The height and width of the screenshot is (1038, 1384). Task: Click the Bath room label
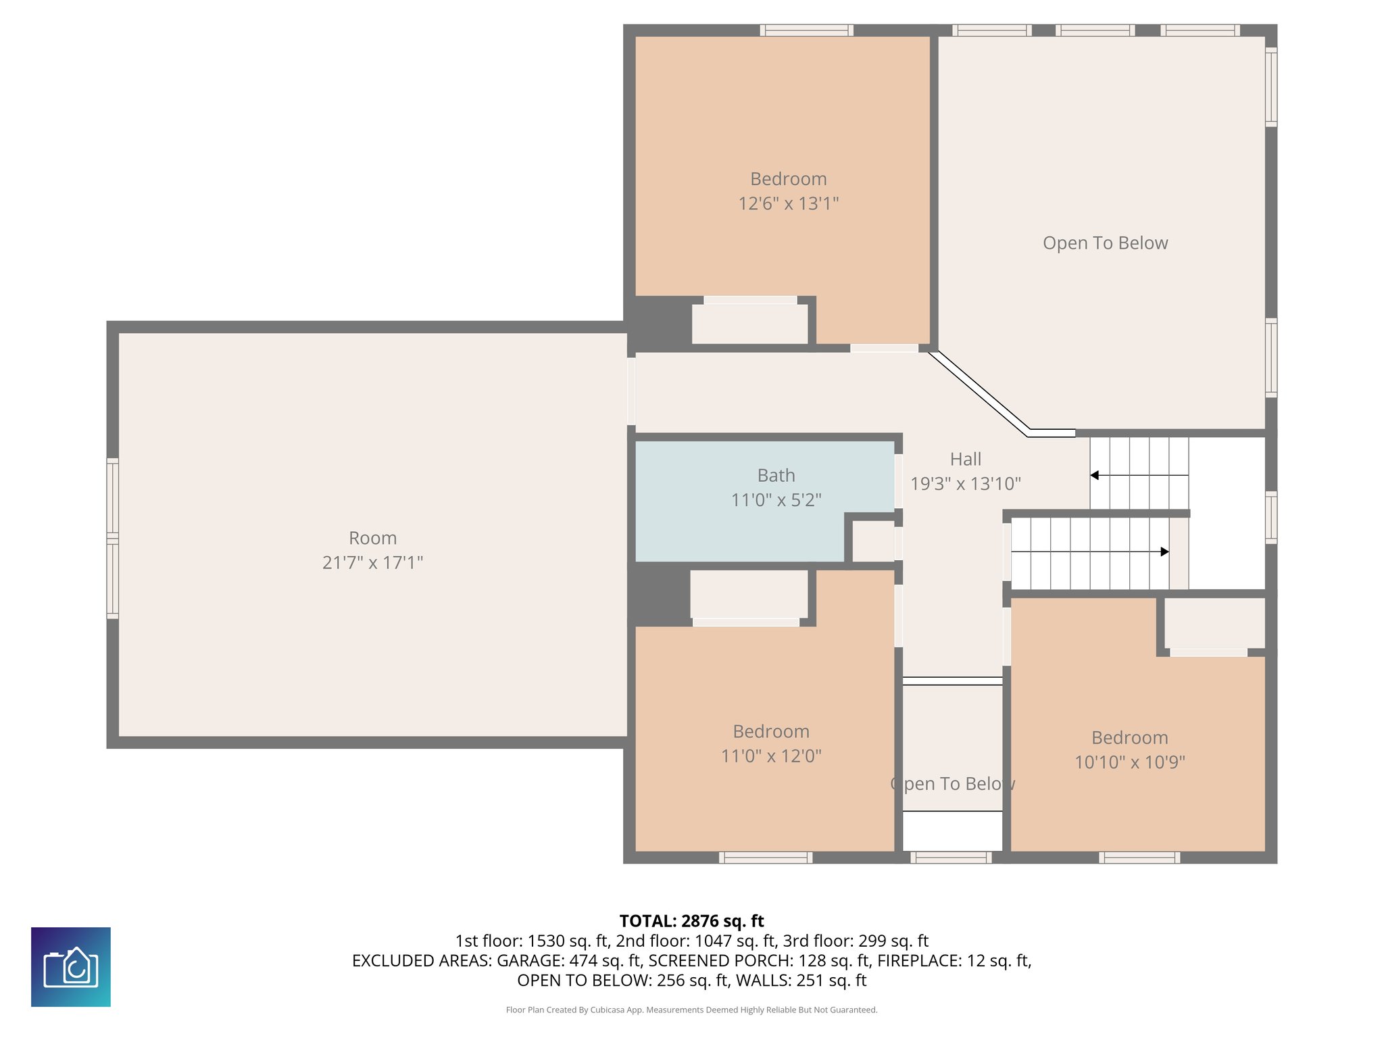point(776,476)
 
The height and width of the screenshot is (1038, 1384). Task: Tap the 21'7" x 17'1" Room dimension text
point(372,562)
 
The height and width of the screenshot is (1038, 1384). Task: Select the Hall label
point(965,460)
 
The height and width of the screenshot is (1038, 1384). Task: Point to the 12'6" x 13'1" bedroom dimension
point(788,203)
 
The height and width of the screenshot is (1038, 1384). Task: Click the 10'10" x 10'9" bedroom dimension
point(1129,762)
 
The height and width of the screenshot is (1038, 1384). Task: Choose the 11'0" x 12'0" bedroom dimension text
point(771,756)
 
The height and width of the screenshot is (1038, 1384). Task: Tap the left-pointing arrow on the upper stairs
point(1095,476)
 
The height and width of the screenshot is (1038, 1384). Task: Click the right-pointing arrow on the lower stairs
point(1164,552)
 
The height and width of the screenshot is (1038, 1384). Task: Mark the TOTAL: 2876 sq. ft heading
point(691,921)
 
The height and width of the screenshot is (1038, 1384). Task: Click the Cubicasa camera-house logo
point(71,967)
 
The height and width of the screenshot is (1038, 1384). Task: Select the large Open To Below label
point(1105,243)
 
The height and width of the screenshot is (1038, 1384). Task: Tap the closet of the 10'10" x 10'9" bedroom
point(1214,623)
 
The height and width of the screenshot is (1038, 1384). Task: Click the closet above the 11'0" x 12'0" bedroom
point(749,594)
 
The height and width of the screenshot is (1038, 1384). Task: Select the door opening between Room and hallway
point(631,391)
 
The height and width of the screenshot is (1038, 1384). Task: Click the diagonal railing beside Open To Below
point(980,394)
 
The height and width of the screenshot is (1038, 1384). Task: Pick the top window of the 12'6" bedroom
point(806,30)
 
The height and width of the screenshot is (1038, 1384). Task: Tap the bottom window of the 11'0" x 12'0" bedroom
point(766,858)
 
